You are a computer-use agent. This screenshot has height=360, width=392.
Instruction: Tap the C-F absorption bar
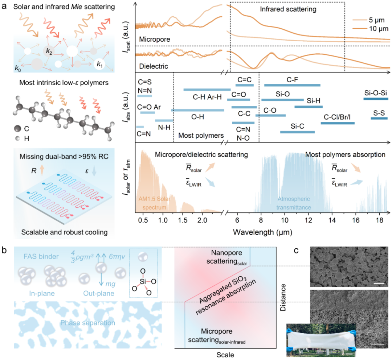tap(292, 85)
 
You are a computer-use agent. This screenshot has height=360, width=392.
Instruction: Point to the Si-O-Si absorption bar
tap(375, 99)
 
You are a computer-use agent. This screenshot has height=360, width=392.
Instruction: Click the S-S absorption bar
tap(379, 118)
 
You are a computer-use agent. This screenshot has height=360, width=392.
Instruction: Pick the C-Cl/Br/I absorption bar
tap(338, 123)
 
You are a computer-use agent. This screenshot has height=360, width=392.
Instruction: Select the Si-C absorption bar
tap(297, 132)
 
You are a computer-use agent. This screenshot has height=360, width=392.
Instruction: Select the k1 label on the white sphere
tap(99, 64)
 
